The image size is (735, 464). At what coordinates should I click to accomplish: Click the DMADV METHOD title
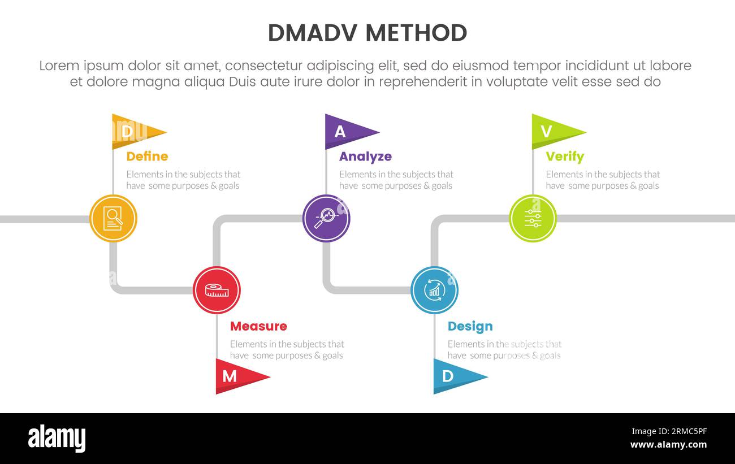[x=367, y=33]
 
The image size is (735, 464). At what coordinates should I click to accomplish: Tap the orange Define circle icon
[x=113, y=218]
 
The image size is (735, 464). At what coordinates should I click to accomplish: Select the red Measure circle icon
[x=217, y=290]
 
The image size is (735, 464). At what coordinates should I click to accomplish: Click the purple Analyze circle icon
[x=326, y=218]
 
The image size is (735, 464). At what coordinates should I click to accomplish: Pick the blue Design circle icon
[x=434, y=290]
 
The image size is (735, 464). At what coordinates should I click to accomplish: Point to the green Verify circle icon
[x=533, y=218]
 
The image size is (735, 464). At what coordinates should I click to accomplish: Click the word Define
[x=147, y=157]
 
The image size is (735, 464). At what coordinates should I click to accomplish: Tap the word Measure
[x=258, y=326]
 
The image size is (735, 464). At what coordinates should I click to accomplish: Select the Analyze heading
[x=365, y=157]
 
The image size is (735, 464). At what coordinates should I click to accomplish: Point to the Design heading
[x=470, y=326]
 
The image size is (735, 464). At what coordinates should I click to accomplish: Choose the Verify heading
[x=565, y=157]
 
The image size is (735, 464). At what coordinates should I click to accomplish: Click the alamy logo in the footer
[x=57, y=439]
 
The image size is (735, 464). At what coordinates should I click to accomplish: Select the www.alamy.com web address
[x=668, y=445]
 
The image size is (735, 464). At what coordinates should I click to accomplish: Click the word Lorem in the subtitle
[x=59, y=66]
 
